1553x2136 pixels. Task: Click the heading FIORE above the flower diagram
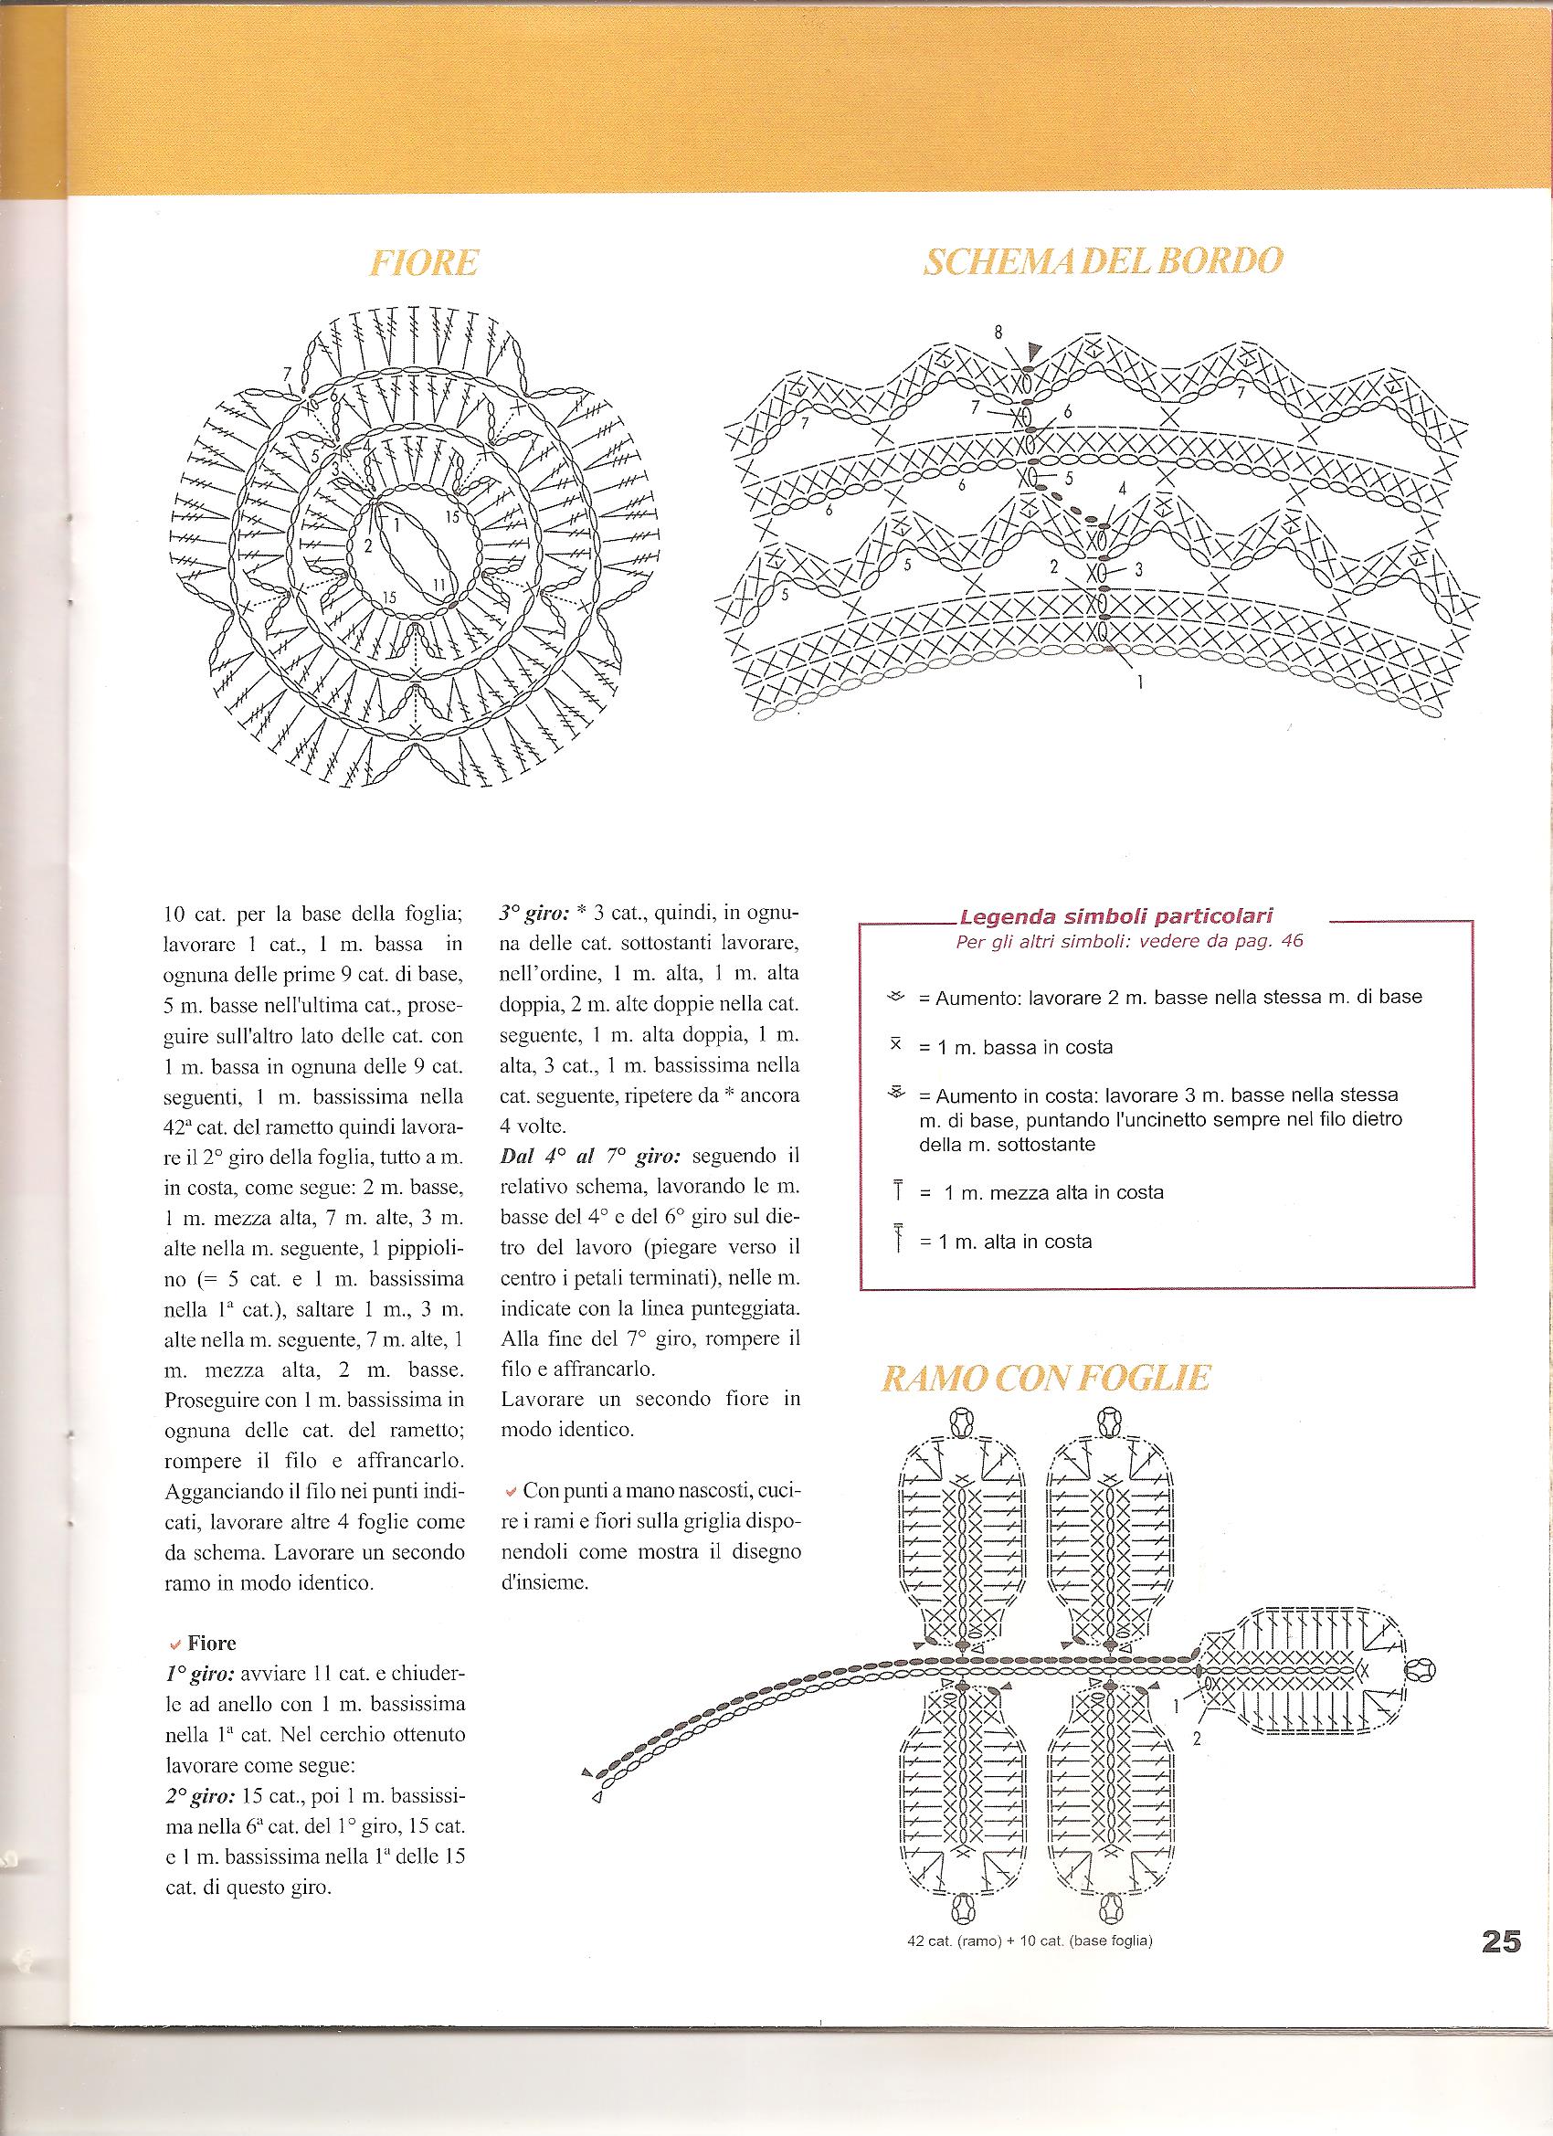point(424,264)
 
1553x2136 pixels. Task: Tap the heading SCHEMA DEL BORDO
point(1102,263)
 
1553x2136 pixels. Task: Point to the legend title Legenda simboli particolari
point(1115,916)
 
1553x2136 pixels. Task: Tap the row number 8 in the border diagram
point(998,332)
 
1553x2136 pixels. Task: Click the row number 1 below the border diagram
point(1139,683)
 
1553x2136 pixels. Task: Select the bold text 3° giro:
point(532,915)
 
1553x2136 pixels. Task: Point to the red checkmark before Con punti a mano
point(511,1492)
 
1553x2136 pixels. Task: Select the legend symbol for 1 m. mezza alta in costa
point(900,1191)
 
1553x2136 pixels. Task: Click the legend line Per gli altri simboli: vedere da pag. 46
point(1129,941)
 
